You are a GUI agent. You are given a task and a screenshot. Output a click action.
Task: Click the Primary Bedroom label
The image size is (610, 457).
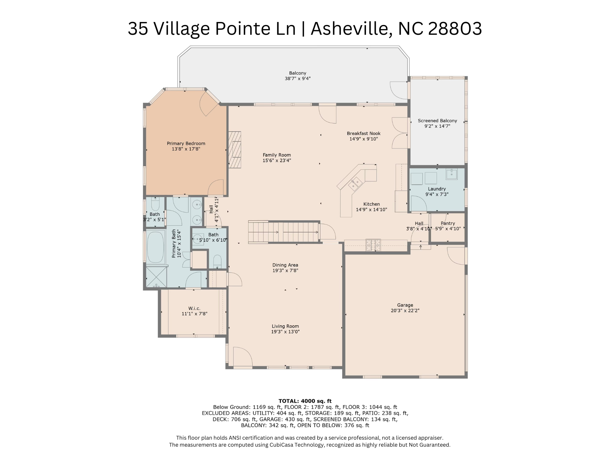(x=186, y=143)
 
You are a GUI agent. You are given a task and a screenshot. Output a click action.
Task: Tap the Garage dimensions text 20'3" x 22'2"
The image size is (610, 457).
(x=405, y=311)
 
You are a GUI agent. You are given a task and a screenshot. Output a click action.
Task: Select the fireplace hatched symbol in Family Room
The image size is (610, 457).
(x=235, y=149)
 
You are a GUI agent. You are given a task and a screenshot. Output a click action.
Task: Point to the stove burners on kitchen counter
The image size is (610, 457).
(x=373, y=245)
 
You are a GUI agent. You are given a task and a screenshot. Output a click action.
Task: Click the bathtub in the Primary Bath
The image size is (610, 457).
(x=155, y=247)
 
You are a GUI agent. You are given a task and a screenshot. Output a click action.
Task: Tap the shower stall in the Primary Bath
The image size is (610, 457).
(x=156, y=277)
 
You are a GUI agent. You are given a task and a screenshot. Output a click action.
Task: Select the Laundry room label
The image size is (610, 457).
(x=436, y=189)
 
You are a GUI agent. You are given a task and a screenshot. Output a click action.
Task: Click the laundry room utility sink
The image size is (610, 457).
(x=451, y=174)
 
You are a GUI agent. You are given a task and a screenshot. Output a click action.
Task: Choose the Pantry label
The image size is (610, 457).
(x=447, y=223)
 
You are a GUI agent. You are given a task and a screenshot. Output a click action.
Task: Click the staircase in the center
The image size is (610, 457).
(x=284, y=232)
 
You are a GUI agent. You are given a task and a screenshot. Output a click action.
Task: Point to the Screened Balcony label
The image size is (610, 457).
(x=437, y=121)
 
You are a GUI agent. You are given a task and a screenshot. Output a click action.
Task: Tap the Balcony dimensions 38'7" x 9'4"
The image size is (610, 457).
(x=297, y=79)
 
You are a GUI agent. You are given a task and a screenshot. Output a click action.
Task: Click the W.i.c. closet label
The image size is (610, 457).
(x=194, y=308)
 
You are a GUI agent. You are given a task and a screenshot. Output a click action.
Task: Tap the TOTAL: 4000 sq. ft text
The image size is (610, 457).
(x=305, y=401)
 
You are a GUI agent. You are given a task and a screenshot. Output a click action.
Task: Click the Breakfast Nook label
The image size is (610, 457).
(x=364, y=133)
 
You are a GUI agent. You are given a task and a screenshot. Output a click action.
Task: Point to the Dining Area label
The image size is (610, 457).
(x=285, y=265)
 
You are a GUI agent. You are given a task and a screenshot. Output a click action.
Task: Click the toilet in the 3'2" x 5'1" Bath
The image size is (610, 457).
(x=155, y=204)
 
